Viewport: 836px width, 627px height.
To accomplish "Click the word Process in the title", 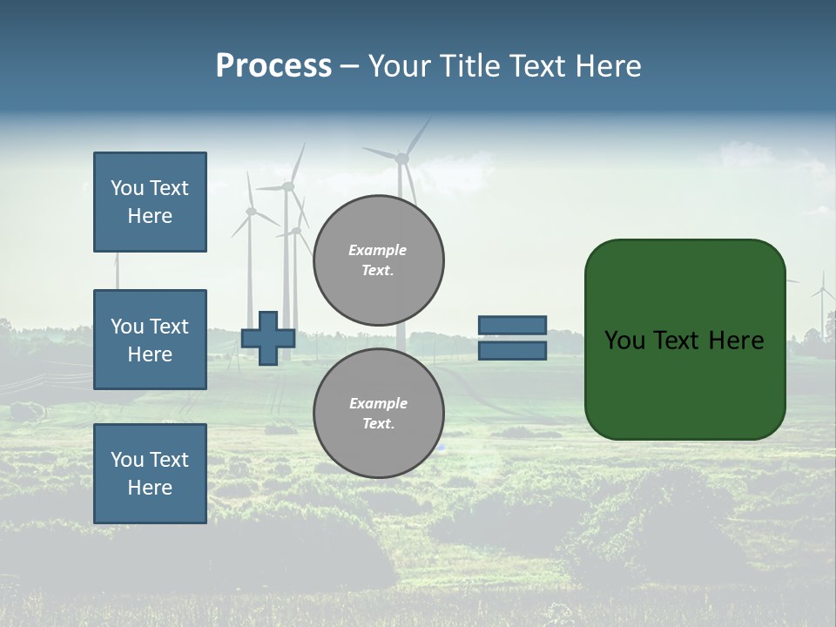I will point(273,66).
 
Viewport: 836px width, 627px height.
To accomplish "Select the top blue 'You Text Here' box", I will point(150,202).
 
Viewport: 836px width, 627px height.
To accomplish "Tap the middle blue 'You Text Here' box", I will point(150,340).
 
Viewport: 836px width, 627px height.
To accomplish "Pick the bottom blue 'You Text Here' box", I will point(150,474).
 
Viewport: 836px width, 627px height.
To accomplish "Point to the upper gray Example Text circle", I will point(379,260).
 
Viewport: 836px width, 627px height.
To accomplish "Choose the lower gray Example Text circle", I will point(379,414).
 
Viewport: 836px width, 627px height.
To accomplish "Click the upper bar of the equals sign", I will point(512,326).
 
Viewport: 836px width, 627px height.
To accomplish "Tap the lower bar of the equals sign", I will point(512,351).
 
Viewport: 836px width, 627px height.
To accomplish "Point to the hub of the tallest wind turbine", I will point(401,158).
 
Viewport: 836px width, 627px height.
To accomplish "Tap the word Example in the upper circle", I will point(378,250).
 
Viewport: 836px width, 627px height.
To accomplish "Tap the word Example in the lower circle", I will point(378,403).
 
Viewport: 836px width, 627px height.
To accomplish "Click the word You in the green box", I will point(624,340).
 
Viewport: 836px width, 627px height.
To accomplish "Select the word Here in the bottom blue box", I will point(150,488).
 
